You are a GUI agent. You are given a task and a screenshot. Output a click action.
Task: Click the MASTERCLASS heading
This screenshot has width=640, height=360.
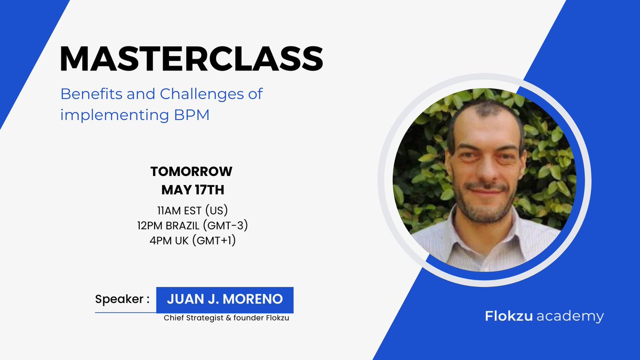click(191, 59)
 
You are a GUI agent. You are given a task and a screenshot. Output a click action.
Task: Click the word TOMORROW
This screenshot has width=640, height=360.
click(191, 172)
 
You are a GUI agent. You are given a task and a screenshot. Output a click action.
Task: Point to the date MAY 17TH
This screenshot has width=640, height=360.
click(192, 189)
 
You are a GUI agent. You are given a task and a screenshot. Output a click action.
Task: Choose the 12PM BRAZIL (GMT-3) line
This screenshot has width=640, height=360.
click(192, 226)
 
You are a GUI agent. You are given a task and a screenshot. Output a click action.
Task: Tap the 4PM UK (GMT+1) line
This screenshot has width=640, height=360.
click(192, 241)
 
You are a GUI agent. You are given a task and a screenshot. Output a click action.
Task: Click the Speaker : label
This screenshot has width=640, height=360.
click(122, 299)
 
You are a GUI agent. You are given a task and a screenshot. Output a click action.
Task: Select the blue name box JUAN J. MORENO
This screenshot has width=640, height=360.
click(225, 300)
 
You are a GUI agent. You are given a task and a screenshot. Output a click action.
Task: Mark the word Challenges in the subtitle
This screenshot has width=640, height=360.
click(202, 94)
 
